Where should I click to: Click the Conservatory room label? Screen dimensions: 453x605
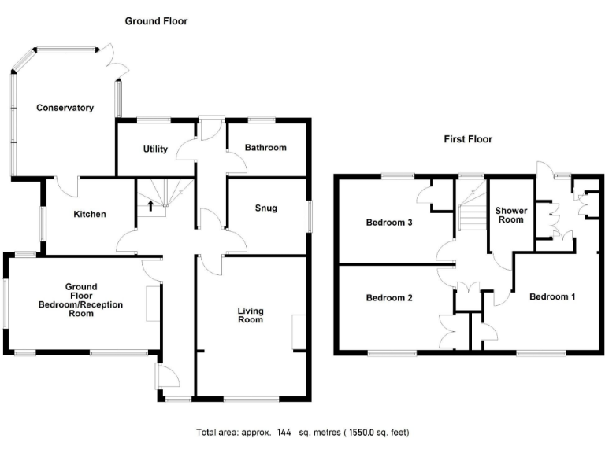tap(65, 108)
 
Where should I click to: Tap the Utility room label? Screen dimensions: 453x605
tap(155, 149)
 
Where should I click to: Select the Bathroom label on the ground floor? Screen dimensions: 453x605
tap(265, 148)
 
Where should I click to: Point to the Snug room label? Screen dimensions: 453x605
tap(265, 208)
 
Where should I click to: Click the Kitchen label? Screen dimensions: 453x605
tap(90, 214)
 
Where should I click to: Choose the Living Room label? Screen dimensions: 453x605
tap(251, 315)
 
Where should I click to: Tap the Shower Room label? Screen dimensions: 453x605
tap(509, 215)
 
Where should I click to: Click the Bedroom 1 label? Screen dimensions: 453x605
tap(552, 297)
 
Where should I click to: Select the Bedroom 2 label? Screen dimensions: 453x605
tap(389, 298)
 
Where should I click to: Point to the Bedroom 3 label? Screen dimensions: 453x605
tap(389, 223)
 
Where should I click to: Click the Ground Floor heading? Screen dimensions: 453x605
tap(156, 21)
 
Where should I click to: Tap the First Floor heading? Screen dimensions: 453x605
tap(467, 139)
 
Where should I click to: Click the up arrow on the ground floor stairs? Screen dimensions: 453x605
tap(150, 206)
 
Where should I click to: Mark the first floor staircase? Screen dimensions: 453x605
tap(470, 210)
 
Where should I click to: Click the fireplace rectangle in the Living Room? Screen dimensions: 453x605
tap(299, 332)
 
